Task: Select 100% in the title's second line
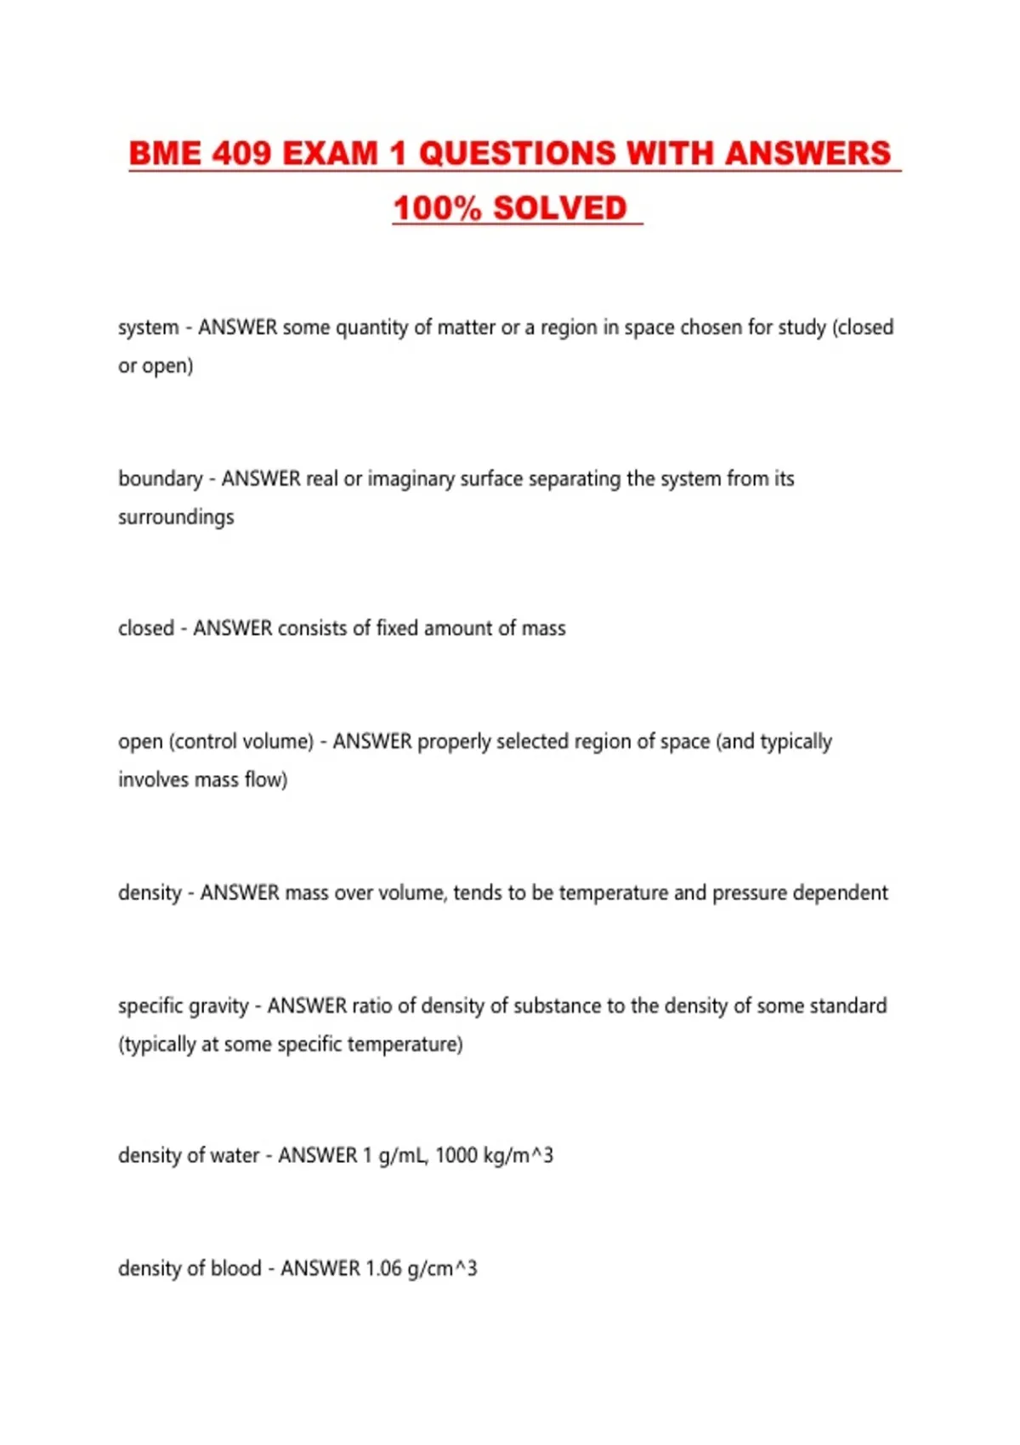(437, 208)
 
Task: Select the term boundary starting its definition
(160, 479)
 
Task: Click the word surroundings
(176, 517)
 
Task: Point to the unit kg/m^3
(518, 1155)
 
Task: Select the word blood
(235, 1268)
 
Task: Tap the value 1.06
(383, 1268)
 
